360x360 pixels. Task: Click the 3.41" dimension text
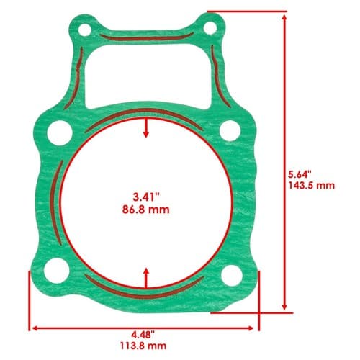(146, 197)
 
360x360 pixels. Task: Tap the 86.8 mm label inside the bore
(146, 210)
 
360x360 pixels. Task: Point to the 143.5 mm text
(312, 186)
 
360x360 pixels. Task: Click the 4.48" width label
(143, 334)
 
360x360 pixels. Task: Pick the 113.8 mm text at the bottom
(143, 346)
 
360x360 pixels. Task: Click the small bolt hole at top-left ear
(85, 30)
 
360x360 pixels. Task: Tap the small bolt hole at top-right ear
(210, 28)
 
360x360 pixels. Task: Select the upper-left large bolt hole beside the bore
(60, 132)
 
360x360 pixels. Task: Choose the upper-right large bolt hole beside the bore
(230, 131)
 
